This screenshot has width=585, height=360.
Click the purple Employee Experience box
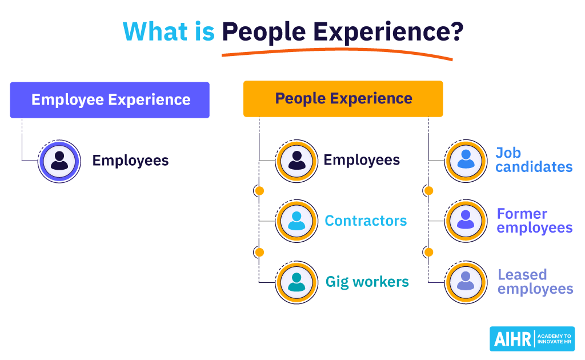click(x=110, y=100)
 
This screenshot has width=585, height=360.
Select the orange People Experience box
click(x=343, y=99)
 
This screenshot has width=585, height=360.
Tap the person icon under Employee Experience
click(x=59, y=161)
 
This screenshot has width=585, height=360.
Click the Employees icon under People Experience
click(x=296, y=161)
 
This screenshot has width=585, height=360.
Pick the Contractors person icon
click(x=296, y=221)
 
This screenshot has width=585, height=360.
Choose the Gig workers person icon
click(x=296, y=282)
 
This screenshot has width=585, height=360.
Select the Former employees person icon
click(x=466, y=221)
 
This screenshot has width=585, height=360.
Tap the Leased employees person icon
click(x=466, y=282)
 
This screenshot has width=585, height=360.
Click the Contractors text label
click(x=366, y=221)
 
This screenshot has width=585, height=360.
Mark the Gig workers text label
click(x=367, y=282)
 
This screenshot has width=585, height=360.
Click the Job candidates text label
click(x=534, y=160)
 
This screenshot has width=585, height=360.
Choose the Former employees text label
click(x=534, y=221)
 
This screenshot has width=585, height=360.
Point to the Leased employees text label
click(x=535, y=282)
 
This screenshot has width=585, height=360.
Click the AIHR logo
click(x=532, y=339)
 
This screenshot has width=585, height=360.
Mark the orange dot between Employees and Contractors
click(x=259, y=191)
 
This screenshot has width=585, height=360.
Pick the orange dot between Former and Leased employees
click(x=428, y=251)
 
